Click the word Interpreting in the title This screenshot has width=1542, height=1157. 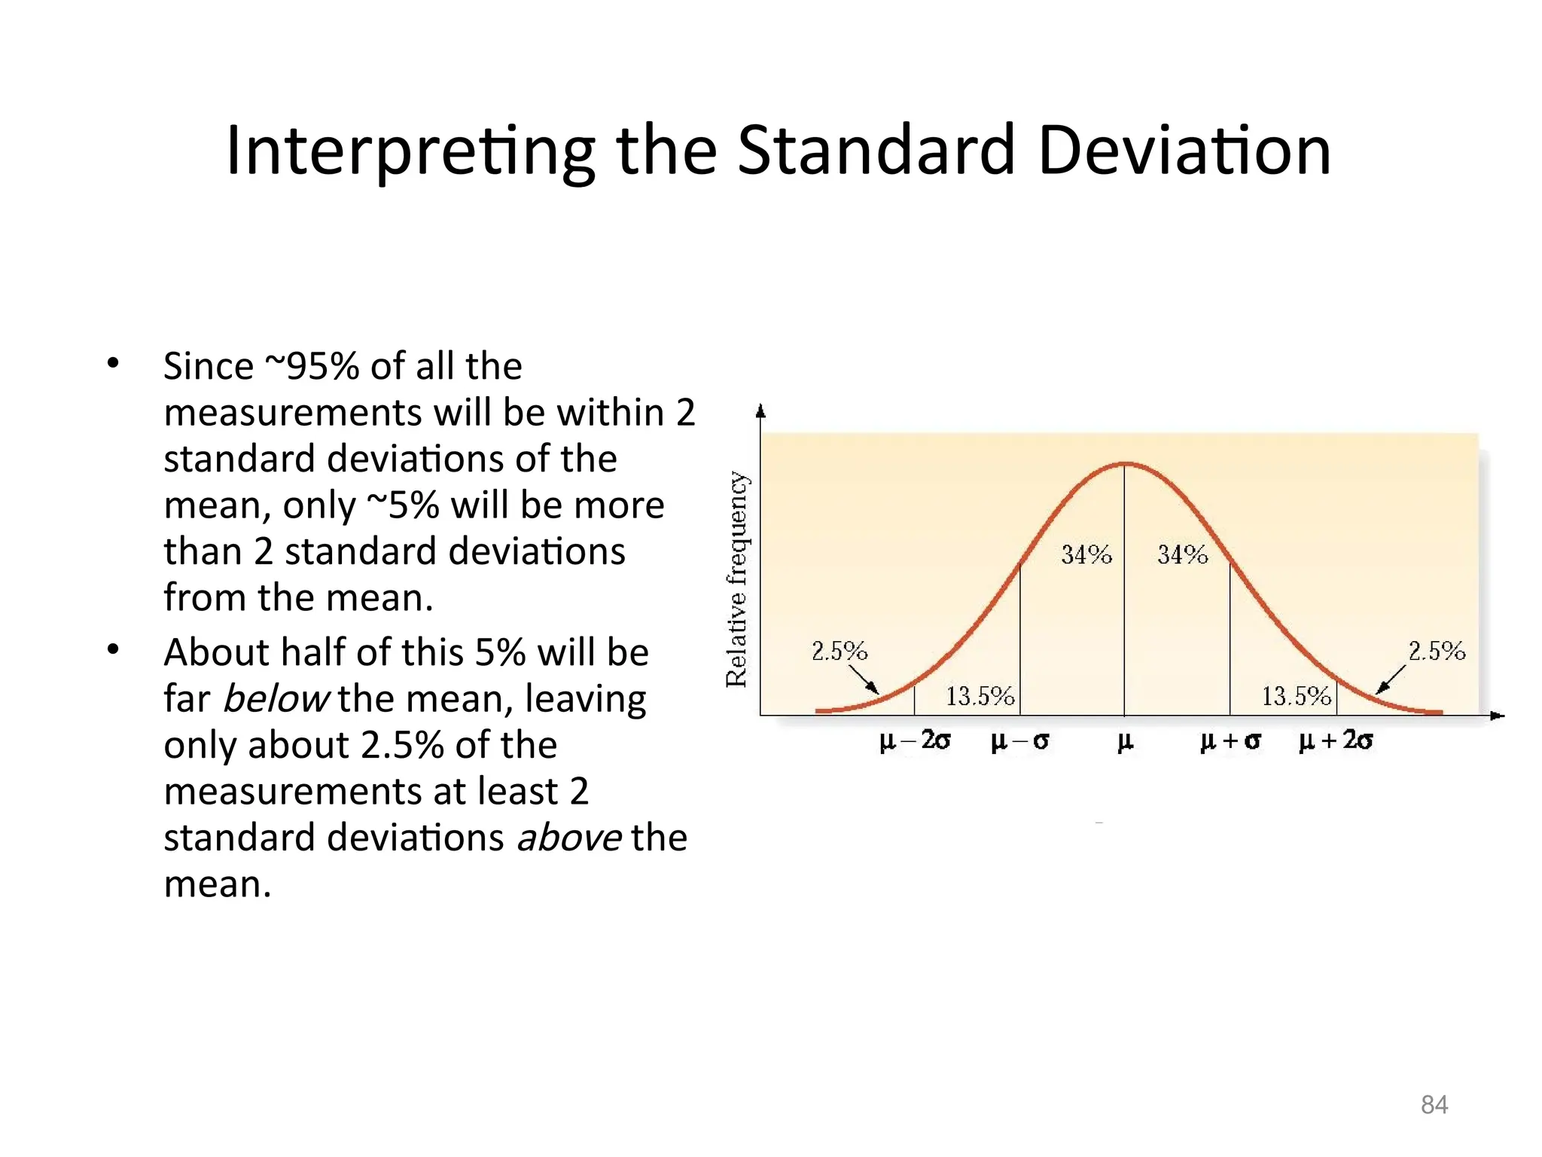coord(410,151)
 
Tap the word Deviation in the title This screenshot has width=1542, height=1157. coord(1184,151)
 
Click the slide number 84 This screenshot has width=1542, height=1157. coord(1434,1104)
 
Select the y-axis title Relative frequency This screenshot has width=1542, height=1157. coord(737,579)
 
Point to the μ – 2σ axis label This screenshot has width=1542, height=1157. coord(915,741)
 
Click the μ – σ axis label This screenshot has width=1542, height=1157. coord(1019,741)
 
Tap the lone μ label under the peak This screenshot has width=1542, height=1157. coord(1124,742)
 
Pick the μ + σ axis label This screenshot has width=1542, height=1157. coord(1230,741)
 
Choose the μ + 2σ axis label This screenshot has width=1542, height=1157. coord(1336,741)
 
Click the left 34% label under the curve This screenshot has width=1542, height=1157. coord(1086,555)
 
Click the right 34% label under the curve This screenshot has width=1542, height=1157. coord(1182,555)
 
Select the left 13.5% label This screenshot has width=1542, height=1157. coord(980,696)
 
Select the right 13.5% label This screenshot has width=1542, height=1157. coord(1296,696)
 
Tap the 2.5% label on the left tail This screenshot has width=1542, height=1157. coord(839,651)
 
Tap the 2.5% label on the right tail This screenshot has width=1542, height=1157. coord(1437,651)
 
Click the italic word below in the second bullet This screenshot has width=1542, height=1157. coord(276,698)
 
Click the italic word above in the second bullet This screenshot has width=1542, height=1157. coord(569,838)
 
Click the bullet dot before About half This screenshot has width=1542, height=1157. coord(113,649)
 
